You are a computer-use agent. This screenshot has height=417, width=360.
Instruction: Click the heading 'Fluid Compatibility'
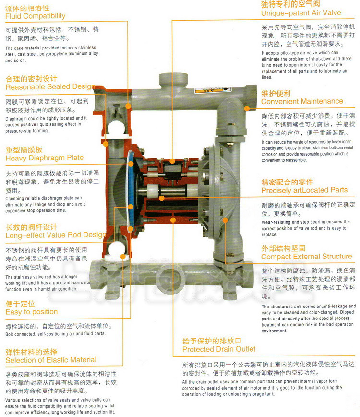coord(36,16)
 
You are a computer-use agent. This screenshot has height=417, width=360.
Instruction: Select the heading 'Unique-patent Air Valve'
coord(301,13)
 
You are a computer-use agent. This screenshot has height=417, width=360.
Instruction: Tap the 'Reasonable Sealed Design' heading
coord(50,86)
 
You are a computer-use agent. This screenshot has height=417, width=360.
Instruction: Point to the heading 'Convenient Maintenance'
coord(302,101)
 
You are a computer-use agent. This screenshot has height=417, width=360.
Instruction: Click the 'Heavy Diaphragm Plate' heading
coord(44,158)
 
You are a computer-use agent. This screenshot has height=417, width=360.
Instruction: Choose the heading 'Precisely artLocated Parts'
coord(304,190)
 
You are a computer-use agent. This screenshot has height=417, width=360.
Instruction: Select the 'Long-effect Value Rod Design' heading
coord(56,235)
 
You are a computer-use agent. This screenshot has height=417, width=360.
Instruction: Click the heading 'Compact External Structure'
coord(307,257)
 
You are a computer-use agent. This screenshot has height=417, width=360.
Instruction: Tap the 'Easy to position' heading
coord(32,312)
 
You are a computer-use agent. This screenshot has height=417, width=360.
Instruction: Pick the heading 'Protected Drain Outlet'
coord(219,349)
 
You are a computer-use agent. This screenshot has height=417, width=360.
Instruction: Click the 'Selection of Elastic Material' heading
coord(51,360)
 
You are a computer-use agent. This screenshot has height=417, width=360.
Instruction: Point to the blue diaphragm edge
coord(131,186)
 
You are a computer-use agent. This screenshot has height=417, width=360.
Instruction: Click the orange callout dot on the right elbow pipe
coord(247,108)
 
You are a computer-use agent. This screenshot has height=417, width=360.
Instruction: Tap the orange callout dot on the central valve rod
coord(162,198)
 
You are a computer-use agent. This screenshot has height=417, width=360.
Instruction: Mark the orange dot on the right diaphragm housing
coord(225,220)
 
